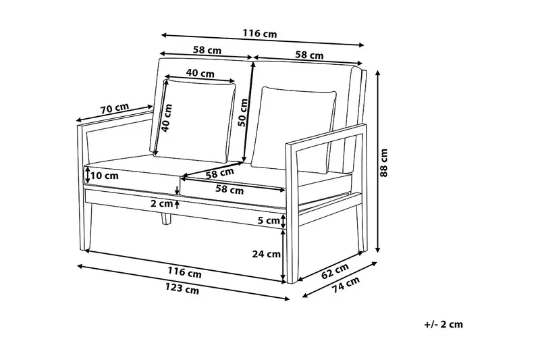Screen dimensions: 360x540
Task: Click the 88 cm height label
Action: pyautogui.click(x=385, y=163)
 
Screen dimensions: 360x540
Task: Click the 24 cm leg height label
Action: pyautogui.click(x=266, y=255)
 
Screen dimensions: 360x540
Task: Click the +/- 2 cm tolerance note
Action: pyautogui.click(x=443, y=324)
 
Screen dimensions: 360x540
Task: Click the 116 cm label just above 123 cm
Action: pyautogui.click(x=185, y=273)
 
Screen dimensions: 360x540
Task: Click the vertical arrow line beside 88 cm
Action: pyautogui.click(x=377, y=163)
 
